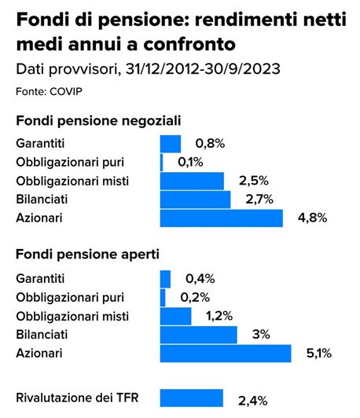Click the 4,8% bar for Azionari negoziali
[222, 218]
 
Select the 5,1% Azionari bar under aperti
[226, 354]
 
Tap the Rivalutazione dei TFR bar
[192, 398]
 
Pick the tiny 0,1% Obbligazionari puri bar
[162, 163]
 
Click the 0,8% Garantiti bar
[171, 144]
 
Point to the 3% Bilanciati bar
[199, 335]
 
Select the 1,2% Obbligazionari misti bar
[176, 317]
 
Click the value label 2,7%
[259, 200]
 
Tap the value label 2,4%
[253, 401]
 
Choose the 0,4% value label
[200, 279]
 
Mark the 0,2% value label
[195, 298]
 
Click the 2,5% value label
[254, 181]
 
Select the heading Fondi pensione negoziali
[99, 121]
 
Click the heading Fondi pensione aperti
[88, 255]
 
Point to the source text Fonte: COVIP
[49, 91]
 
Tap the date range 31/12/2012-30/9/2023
[203, 69]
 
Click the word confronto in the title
[189, 45]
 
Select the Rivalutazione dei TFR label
[77, 398]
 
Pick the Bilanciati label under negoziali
[42, 200]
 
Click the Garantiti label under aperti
[40, 279]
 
